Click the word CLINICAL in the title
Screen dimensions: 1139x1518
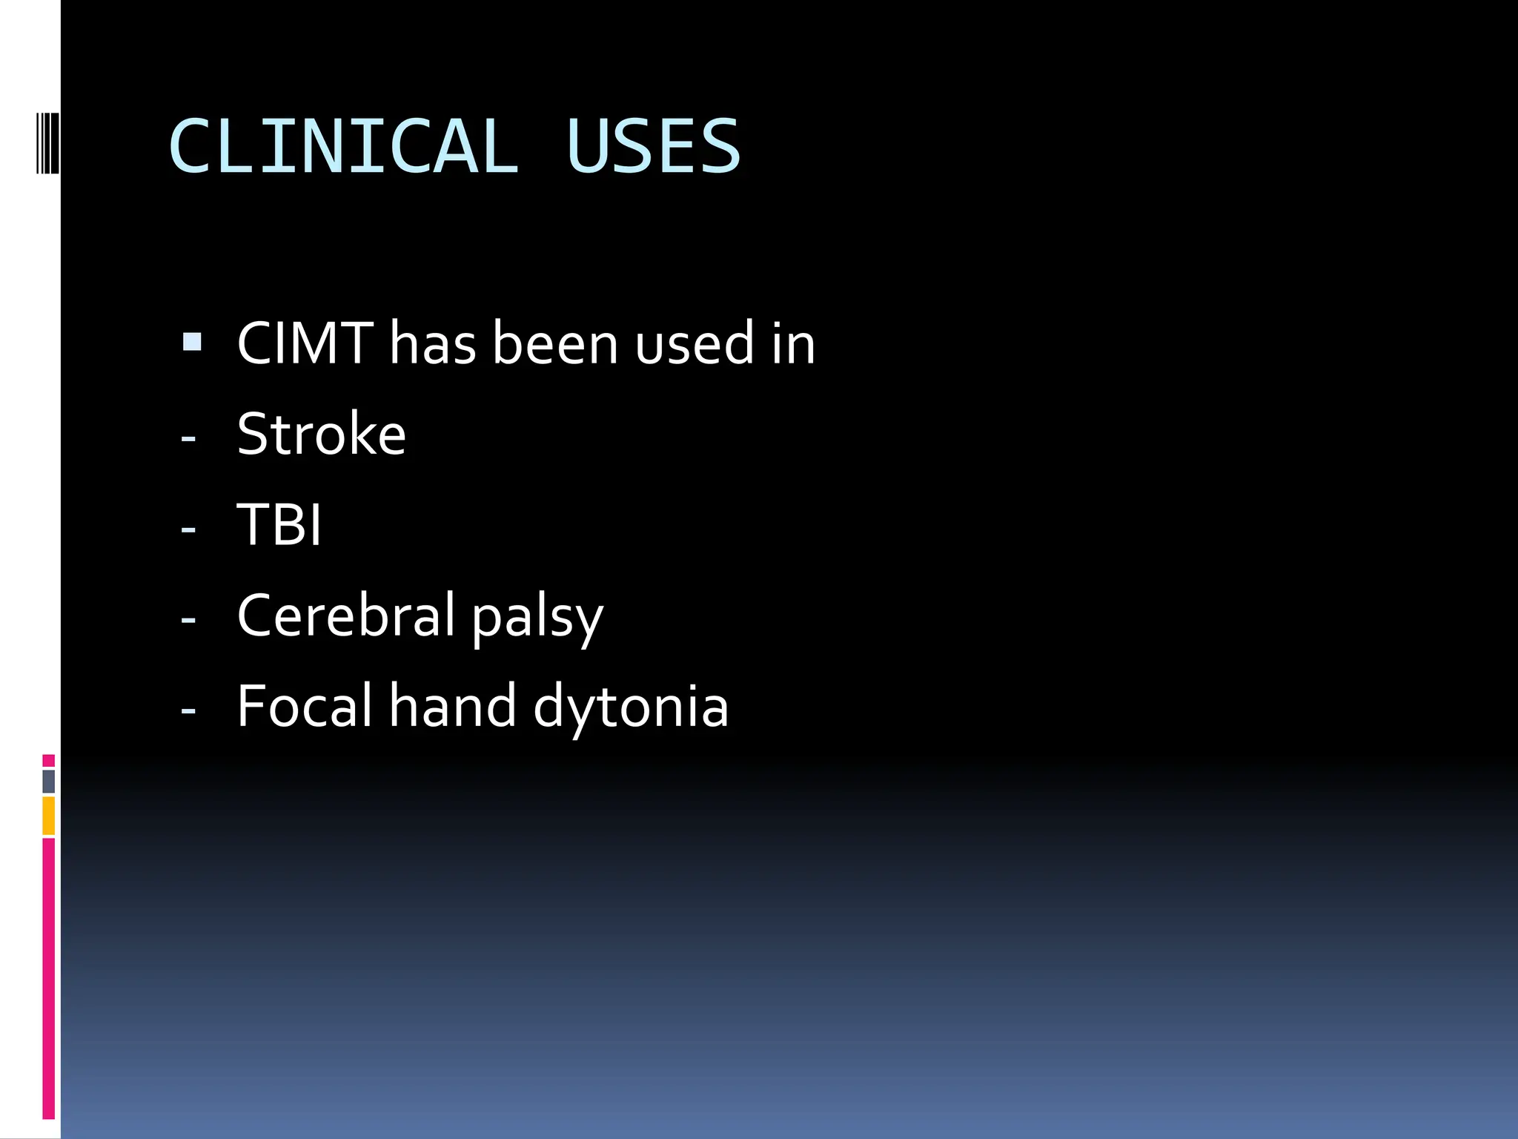pos(343,146)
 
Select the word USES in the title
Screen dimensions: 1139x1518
pos(652,146)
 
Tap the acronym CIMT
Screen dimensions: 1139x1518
pos(305,343)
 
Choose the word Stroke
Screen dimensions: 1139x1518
pos(321,434)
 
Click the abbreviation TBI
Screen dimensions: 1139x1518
pos(279,524)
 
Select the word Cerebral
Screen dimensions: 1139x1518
pos(346,615)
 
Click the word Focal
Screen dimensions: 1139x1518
pos(305,705)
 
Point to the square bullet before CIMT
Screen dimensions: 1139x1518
pos(191,342)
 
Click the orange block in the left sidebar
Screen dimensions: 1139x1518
pos(48,816)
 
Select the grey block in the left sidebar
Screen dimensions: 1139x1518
pos(48,781)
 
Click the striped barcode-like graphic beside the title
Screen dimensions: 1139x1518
pos(47,142)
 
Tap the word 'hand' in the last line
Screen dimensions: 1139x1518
pos(452,705)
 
